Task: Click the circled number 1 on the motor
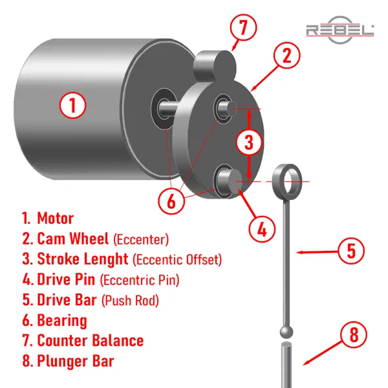tap(72, 105)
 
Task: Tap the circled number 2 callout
tap(286, 55)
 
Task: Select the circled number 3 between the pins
tap(249, 142)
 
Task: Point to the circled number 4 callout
tap(262, 229)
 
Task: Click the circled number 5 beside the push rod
tap(351, 251)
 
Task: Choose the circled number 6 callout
tap(171, 200)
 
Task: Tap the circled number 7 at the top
tap(243, 27)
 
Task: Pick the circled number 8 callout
tap(354, 334)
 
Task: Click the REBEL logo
tap(340, 30)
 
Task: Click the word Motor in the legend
tap(56, 219)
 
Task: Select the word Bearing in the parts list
tap(62, 321)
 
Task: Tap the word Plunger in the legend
tap(63, 361)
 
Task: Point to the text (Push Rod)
tap(130, 301)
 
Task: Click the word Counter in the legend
tap(61, 341)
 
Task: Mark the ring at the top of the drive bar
tap(287, 182)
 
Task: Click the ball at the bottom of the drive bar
tap(286, 332)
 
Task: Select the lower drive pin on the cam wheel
tap(230, 181)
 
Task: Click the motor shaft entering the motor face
tap(167, 109)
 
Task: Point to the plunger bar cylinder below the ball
tap(286, 364)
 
